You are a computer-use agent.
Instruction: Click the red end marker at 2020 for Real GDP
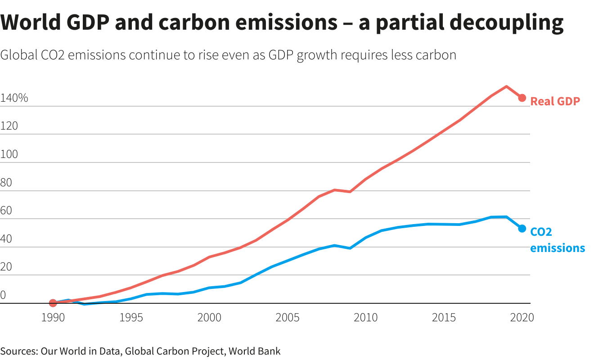[x=522, y=98]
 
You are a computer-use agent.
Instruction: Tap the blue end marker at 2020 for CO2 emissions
[x=522, y=229]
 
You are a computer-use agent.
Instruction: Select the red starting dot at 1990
[x=53, y=303]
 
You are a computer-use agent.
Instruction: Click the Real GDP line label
[x=555, y=101]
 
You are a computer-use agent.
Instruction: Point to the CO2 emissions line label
[x=557, y=240]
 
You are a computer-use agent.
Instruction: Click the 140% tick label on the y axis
[x=14, y=98]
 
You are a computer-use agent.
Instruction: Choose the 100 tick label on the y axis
[x=9, y=154]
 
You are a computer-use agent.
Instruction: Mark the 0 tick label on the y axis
[x=3, y=295]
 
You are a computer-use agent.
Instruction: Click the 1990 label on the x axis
[x=53, y=318]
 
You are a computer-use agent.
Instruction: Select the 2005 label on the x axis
[x=288, y=318]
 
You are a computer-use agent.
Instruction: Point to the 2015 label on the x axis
[x=444, y=318]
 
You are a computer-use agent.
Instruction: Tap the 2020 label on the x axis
[x=522, y=318]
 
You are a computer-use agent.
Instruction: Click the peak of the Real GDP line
[x=506, y=86]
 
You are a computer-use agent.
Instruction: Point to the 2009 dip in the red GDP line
[x=350, y=192]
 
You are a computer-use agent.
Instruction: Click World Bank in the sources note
[x=255, y=351]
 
